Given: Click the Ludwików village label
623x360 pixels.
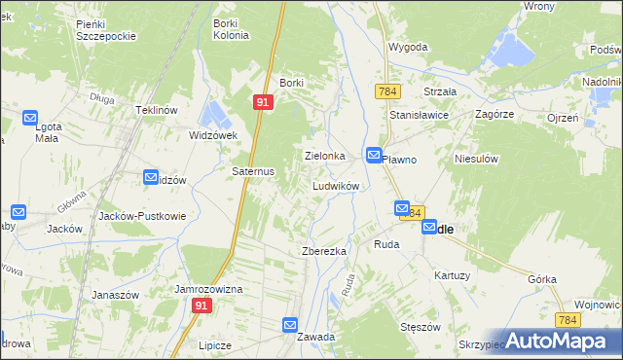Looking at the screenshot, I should click(337, 185).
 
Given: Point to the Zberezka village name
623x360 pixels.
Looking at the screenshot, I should click(324, 251).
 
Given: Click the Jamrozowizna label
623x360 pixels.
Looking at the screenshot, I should click(207, 290).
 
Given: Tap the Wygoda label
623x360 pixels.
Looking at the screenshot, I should click(409, 47).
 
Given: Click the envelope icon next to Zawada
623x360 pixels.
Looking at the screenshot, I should click(290, 325).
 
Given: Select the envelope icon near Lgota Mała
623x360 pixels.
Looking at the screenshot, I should click(29, 120).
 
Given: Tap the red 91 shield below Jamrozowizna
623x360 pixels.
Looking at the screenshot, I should click(202, 306).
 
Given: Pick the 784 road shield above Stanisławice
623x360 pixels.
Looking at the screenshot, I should click(386, 90).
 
